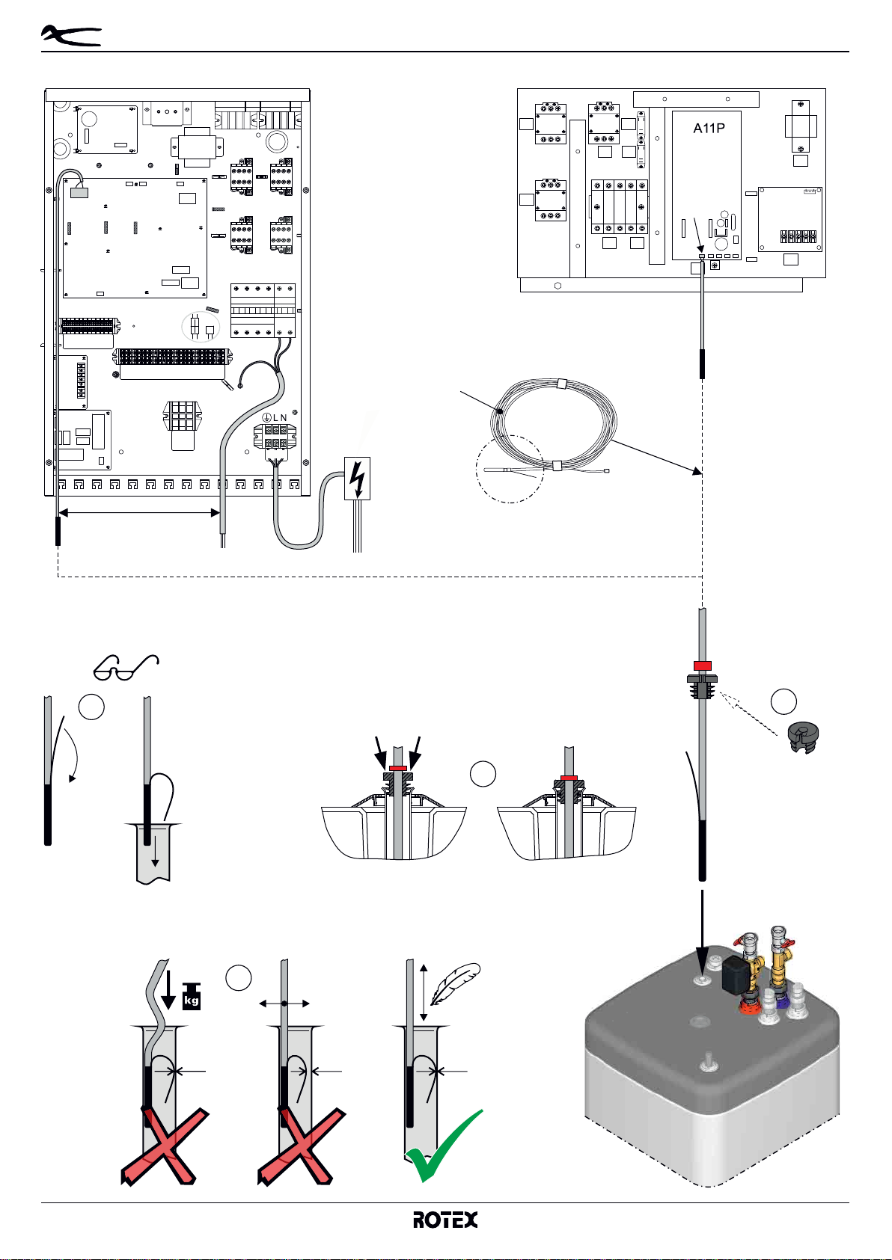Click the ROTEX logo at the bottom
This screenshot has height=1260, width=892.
446,1220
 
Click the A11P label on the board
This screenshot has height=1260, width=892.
709,128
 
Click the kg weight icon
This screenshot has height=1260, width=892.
192,995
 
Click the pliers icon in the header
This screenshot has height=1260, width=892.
71,36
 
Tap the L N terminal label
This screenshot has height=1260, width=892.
275,417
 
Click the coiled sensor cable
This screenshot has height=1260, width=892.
557,422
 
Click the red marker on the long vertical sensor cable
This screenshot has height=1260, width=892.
702,666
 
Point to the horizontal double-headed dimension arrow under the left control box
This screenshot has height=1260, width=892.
139,512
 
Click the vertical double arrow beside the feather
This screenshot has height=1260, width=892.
424,992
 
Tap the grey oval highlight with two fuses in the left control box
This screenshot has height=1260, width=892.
201,327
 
